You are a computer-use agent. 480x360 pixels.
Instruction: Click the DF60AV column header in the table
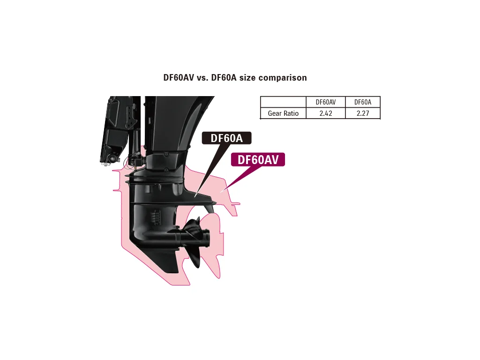point(325,102)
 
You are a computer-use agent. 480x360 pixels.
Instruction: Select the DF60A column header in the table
point(363,102)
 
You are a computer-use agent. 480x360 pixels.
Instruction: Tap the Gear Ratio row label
point(283,113)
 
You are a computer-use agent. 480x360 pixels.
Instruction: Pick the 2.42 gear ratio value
point(326,113)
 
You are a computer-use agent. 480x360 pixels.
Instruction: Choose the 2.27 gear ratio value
point(363,113)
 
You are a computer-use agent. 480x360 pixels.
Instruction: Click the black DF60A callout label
point(226,138)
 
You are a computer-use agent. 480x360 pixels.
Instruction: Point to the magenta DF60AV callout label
point(258,159)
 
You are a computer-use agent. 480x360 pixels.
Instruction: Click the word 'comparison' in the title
point(283,78)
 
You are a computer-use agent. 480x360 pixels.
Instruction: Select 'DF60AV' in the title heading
point(179,77)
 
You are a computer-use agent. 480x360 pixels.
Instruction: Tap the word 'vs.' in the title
point(202,78)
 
